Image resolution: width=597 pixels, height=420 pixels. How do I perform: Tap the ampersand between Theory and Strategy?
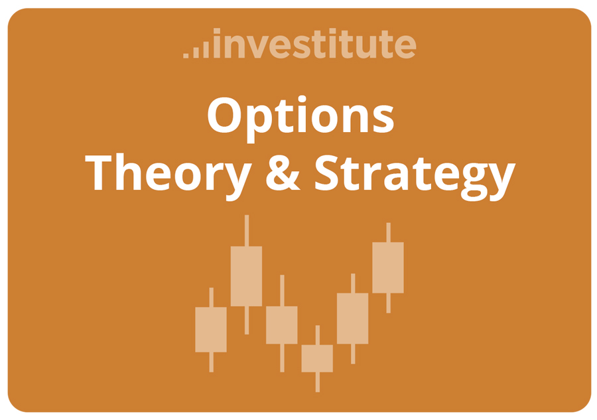click(x=282, y=174)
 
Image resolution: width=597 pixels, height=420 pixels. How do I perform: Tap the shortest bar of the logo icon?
click(x=186, y=55)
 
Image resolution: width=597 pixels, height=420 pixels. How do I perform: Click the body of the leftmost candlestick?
click(x=211, y=329)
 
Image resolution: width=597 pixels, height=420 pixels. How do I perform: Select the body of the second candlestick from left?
click(x=246, y=276)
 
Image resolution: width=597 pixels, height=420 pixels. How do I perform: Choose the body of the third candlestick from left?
click(x=282, y=325)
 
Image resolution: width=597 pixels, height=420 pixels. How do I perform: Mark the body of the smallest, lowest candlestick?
click(x=317, y=358)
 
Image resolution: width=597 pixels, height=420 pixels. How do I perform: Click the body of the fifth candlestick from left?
click(x=352, y=318)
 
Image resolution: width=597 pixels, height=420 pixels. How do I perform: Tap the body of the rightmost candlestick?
click(x=388, y=267)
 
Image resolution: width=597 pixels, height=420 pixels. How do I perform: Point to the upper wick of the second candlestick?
click(x=246, y=230)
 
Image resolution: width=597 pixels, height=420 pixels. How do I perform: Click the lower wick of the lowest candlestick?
click(x=317, y=382)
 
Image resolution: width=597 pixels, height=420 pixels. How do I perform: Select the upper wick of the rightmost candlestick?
click(x=388, y=232)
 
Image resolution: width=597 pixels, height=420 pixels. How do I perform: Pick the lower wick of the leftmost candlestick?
click(x=211, y=362)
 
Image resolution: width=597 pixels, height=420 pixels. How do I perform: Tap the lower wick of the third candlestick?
click(x=282, y=358)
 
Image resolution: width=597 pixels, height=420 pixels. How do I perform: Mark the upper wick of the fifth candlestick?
click(x=352, y=283)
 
